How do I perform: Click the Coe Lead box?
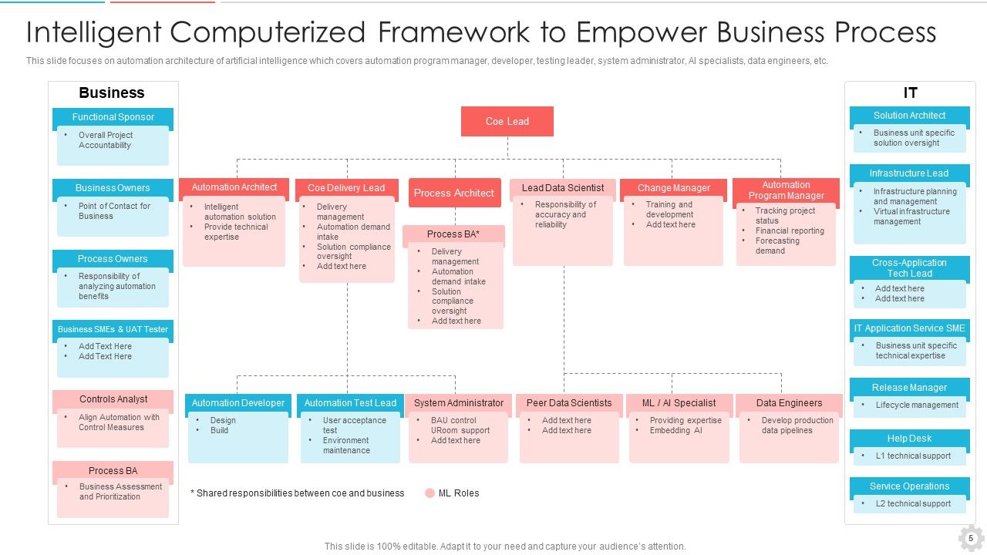click(507, 122)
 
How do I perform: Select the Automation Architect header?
click(234, 187)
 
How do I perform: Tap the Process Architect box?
click(453, 193)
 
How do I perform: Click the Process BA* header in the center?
click(453, 234)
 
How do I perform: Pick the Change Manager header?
click(673, 188)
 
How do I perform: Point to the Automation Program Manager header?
click(786, 190)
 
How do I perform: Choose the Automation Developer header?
click(237, 403)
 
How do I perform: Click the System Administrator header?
click(458, 403)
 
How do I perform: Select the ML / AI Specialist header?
click(679, 403)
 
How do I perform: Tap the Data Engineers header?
click(789, 403)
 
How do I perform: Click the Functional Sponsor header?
click(113, 117)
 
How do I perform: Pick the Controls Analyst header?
click(113, 399)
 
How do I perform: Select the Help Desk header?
click(909, 439)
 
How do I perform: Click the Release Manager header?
click(909, 388)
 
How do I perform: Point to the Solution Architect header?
click(909, 116)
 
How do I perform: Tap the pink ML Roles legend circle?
click(429, 493)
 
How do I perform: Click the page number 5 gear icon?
click(971, 538)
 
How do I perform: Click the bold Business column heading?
click(112, 93)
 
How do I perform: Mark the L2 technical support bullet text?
click(913, 504)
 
